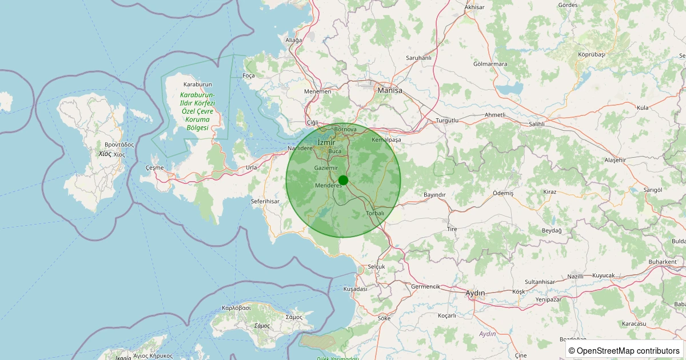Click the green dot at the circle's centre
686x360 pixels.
(x=343, y=180)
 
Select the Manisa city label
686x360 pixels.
(x=390, y=90)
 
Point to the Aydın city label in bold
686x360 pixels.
(x=475, y=293)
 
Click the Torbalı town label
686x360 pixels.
(x=375, y=213)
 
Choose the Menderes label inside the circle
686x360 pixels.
(x=328, y=186)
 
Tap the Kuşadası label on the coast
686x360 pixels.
(x=355, y=289)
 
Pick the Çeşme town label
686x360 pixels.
(x=154, y=167)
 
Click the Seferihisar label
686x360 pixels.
(x=265, y=202)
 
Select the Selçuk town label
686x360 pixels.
(x=377, y=267)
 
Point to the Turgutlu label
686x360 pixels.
(x=448, y=121)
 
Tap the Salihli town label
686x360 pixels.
(x=536, y=123)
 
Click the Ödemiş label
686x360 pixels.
(x=503, y=194)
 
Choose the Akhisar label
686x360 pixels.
(x=474, y=7)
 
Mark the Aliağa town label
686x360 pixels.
(x=293, y=40)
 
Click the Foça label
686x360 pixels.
(x=249, y=75)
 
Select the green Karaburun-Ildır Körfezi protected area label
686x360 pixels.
(x=197, y=111)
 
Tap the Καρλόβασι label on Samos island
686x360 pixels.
(x=236, y=308)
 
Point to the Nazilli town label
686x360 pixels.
(x=576, y=276)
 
